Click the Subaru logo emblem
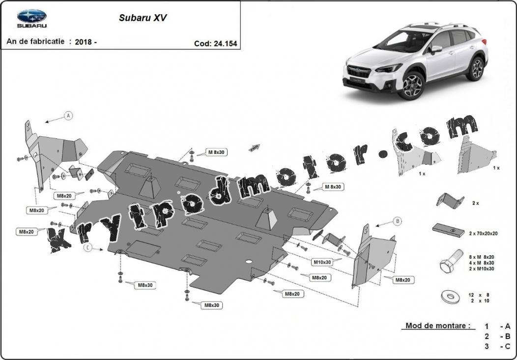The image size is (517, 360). coord(31,16)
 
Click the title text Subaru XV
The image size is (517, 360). coord(143,18)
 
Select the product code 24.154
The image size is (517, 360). coord(225,44)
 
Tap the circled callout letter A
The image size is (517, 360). coord(68,116)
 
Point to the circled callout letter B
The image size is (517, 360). coord(398,221)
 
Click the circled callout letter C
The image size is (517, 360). coord(87,247)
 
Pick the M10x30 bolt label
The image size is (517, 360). coord(322,262)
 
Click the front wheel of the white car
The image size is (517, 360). coord(411,85)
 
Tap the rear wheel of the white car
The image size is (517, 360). coord(476,68)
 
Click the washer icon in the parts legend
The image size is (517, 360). coord(450,297)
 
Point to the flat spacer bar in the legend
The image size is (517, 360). coord(448,230)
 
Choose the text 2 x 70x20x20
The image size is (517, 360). coord(483,234)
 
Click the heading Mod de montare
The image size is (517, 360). coord(438,326)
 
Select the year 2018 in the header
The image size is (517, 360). coord(84,42)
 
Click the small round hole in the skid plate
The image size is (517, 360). coord(249,262)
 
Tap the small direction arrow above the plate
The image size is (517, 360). coord(255,148)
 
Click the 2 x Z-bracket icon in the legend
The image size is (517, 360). coord(450,201)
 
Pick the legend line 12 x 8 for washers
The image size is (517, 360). coord(479,295)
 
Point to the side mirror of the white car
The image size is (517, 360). coord(435,49)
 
